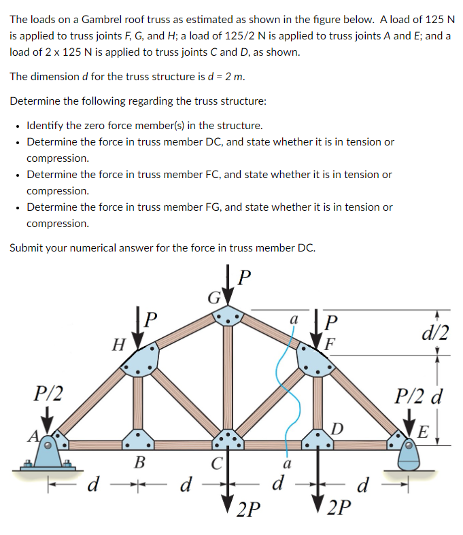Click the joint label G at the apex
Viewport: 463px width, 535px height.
212,298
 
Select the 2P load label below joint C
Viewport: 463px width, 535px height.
249,508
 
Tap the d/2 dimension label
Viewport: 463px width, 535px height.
434,331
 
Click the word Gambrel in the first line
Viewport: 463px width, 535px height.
110,20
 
